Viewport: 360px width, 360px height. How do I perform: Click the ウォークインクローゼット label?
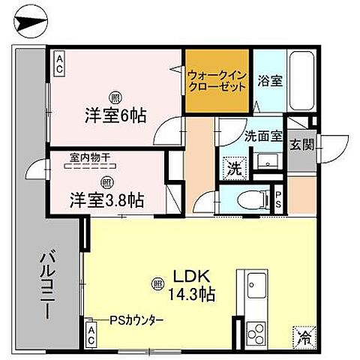(217, 81)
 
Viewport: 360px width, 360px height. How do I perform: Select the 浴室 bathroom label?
(271, 80)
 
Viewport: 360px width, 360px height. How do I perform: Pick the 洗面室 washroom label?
(263, 136)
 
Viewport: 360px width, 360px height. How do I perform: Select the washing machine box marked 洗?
(232, 166)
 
